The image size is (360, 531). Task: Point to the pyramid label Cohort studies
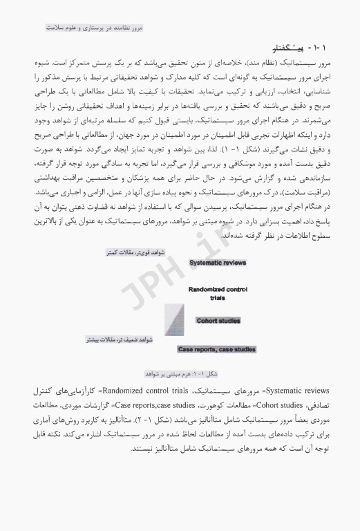pyautogui.click(x=220, y=321)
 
